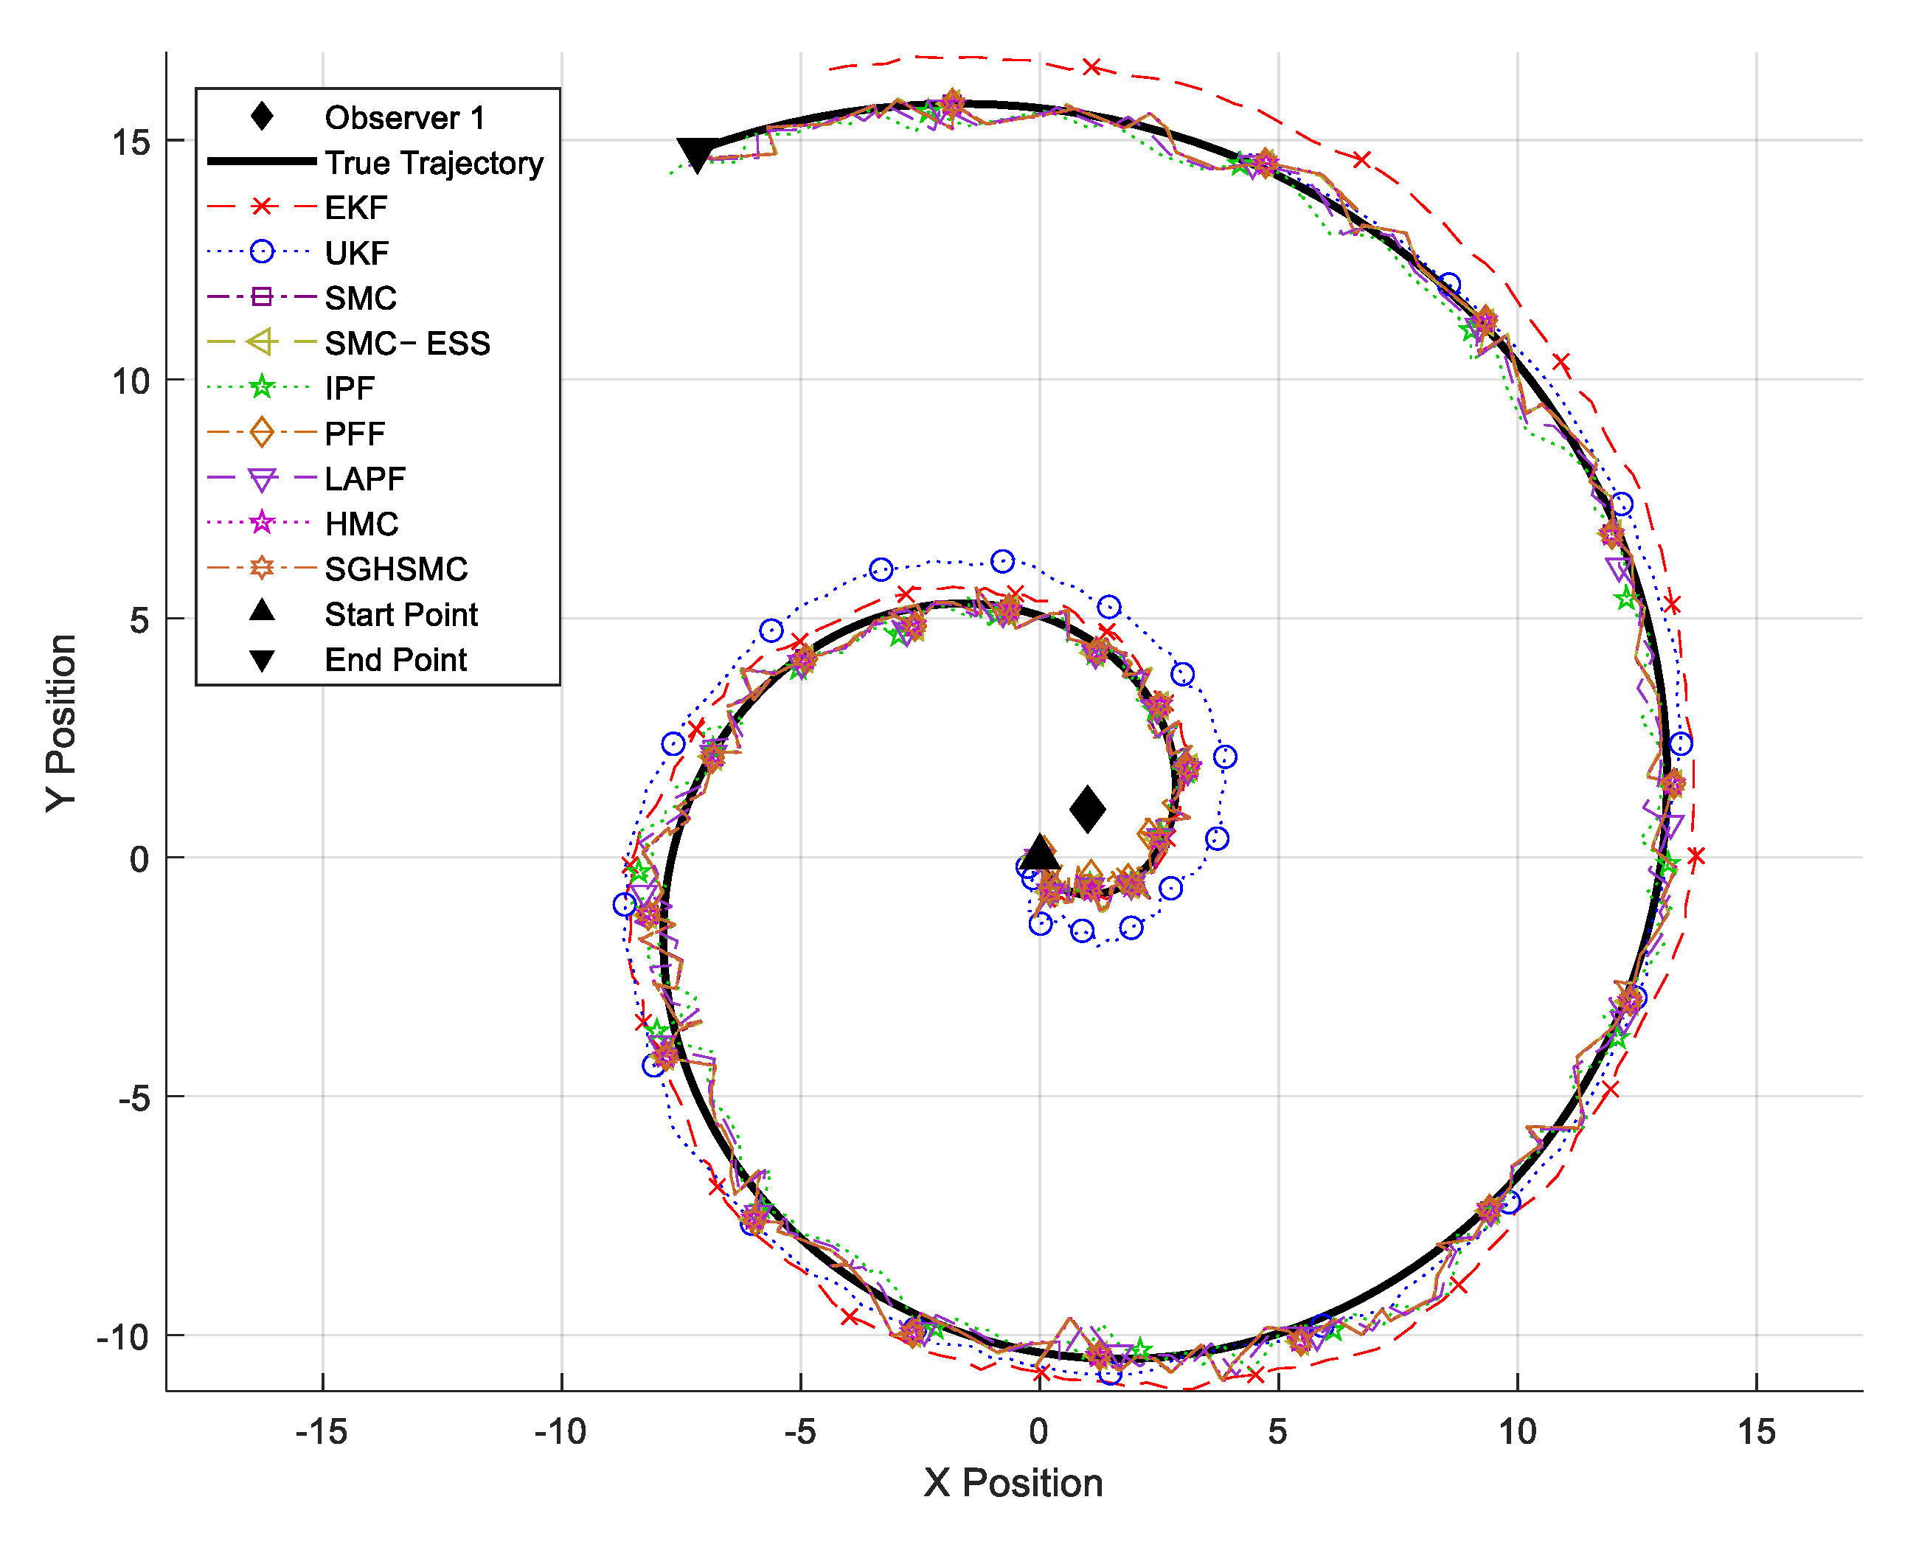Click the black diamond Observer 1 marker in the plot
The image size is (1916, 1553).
pyautogui.click(x=1087, y=810)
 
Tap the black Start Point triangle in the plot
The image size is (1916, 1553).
pyautogui.click(x=1039, y=855)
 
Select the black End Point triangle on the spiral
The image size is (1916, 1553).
pyautogui.click(x=697, y=155)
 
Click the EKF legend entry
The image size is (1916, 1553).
pyautogui.click(x=355, y=207)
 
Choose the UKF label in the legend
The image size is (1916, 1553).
pyautogui.click(x=356, y=253)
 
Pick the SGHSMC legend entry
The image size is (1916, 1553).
pyautogui.click(x=396, y=569)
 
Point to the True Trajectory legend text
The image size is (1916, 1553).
pyautogui.click(x=434, y=163)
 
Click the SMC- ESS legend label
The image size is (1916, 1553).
pyautogui.click(x=407, y=344)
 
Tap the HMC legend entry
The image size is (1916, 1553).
pyautogui.click(x=361, y=524)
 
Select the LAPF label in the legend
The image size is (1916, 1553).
pyautogui.click(x=365, y=479)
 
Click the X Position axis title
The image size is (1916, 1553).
pyautogui.click(x=1013, y=1482)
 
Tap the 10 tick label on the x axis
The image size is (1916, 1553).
pyautogui.click(x=1517, y=1431)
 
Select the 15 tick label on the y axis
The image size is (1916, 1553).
pyautogui.click(x=131, y=142)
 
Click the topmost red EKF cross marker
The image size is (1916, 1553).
pyautogui.click(x=1091, y=67)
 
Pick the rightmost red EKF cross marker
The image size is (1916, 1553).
pyautogui.click(x=1695, y=856)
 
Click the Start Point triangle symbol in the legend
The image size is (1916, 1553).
pyautogui.click(x=261, y=611)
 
